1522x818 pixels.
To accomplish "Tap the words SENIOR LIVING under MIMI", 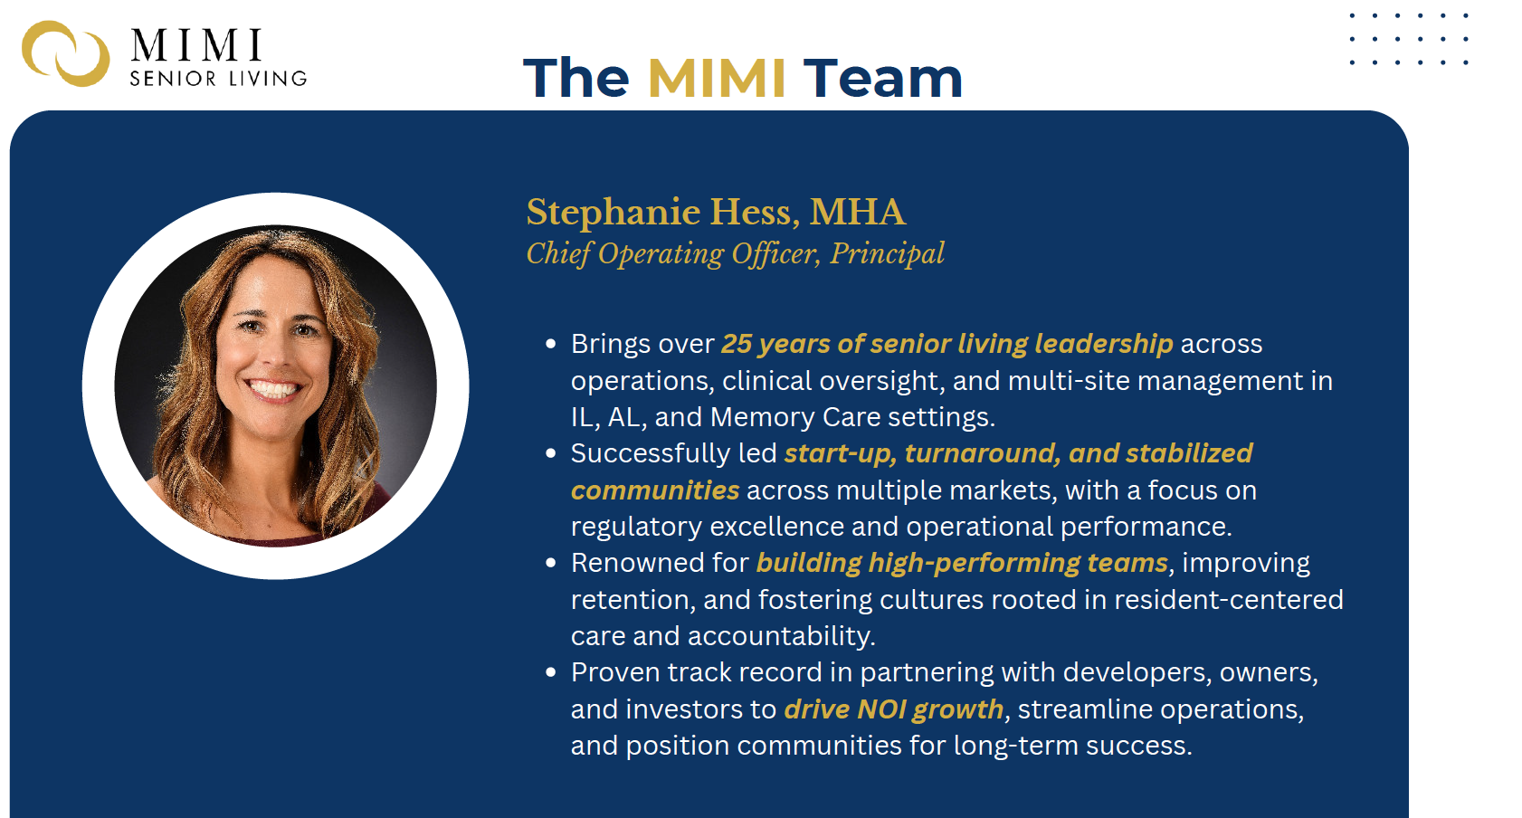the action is coord(218,79).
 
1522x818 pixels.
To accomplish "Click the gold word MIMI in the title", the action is coord(717,78).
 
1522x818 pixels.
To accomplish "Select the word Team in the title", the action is coord(882,78).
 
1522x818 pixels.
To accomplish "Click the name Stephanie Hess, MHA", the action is coord(716,212).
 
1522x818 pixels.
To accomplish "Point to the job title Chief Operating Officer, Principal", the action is coord(735,254).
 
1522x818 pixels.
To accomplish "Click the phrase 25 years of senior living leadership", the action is coord(947,345).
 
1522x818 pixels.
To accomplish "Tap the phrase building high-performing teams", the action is coord(962,563).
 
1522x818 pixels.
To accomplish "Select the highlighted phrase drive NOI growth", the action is coord(893,710).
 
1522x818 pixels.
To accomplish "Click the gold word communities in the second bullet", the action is coord(655,490).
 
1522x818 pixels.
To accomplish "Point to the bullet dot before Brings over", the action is coord(550,344).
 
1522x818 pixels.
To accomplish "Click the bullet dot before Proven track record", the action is coord(550,672).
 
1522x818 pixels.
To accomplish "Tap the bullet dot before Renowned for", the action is coord(550,563).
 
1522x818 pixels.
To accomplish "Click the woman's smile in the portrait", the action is coord(273,389).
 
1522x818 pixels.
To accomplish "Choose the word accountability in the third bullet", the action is coord(781,637).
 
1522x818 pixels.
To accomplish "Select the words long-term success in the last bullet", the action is coord(1072,746).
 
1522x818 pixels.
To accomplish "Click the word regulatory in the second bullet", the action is coord(636,528).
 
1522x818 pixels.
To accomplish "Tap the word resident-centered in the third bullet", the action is coord(1229,600).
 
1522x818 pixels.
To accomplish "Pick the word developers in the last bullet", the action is coord(1137,673).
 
